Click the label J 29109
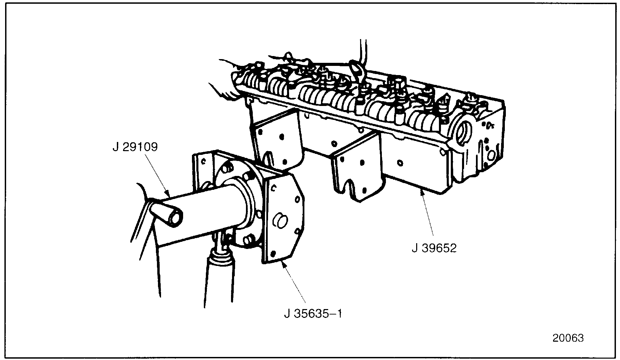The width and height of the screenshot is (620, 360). coord(135,148)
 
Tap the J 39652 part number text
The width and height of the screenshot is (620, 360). coord(434,248)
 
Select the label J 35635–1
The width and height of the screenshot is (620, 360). coord(313,313)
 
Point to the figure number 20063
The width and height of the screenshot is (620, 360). coord(568,338)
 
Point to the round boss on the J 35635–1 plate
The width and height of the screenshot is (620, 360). coord(280,220)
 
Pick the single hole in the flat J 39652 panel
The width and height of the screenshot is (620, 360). coord(400,163)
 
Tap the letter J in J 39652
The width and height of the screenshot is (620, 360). coord(414,248)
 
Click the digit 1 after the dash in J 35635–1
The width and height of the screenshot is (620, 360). coord(339,313)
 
